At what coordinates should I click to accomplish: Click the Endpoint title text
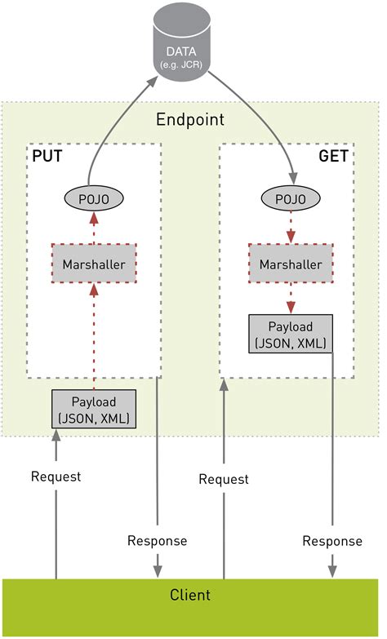click(x=189, y=120)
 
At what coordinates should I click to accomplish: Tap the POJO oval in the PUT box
click(x=94, y=197)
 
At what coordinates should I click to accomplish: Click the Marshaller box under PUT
click(x=93, y=264)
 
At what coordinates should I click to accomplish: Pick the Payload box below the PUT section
click(x=93, y=410)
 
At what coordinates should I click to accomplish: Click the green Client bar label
click(x=189, y=595)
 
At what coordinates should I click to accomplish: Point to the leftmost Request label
click(x=56, y=477)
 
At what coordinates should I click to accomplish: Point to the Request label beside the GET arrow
click(x=224, y=479)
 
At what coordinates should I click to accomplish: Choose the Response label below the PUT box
click(x=157, y=540)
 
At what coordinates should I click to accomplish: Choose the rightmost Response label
click(x=331, y=540)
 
